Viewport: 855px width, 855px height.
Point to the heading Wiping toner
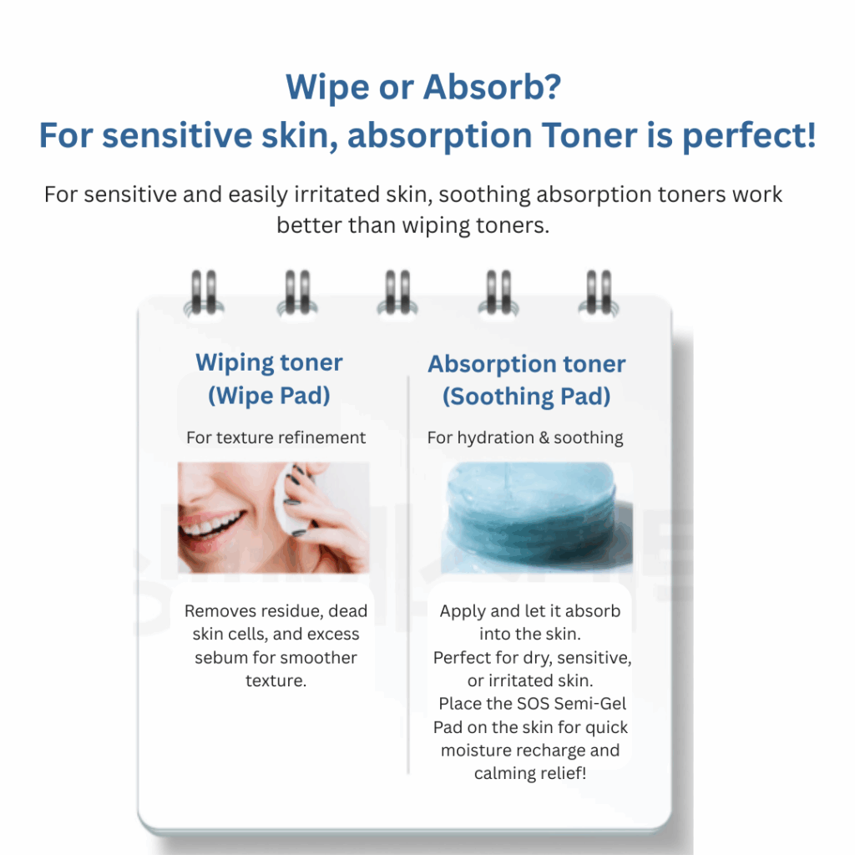pyautogui.click(x=269, y=362)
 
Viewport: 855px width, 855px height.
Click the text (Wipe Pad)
pyautogui.click(x=269, y=395)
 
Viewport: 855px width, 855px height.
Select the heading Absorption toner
pyautogui.click(x=526, y=364)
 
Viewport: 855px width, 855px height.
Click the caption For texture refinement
pyautogui.click(x=276, y=437)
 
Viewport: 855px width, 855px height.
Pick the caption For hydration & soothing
pyautogui.click(x=525, y=438)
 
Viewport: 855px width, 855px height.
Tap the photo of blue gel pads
pyautogui.click(x=537, y=517)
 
